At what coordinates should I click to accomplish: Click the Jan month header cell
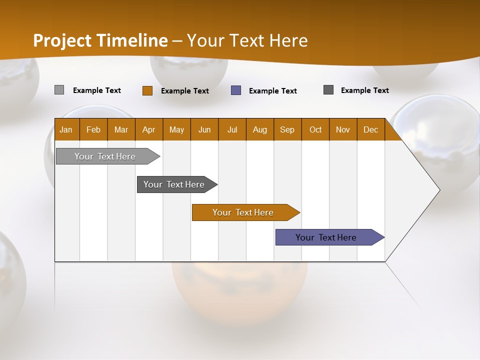tap(66, 129)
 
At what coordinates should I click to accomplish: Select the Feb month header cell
tap(93, 129)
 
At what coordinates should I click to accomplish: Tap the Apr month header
tap(149, 129)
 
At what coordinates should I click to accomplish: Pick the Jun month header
tap(204, 129)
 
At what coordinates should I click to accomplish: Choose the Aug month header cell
tap(260, 129)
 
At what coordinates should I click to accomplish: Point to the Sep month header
tap(287, 129)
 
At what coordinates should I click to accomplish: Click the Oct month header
tap(315, 129)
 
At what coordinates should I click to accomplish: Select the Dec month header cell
tap(371, 129)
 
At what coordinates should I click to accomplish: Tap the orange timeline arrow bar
tap(243, 212)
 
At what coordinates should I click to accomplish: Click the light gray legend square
tap(59, 90)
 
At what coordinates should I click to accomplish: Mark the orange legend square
tap(147, 90)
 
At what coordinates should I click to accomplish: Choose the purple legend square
tap(236, 90)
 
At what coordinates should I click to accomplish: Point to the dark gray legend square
tap(328, 90)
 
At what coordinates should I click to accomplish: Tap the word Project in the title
tap(61, 40)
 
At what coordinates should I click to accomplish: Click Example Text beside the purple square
tap(273, 91)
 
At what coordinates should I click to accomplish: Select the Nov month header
tap(343, 129)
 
